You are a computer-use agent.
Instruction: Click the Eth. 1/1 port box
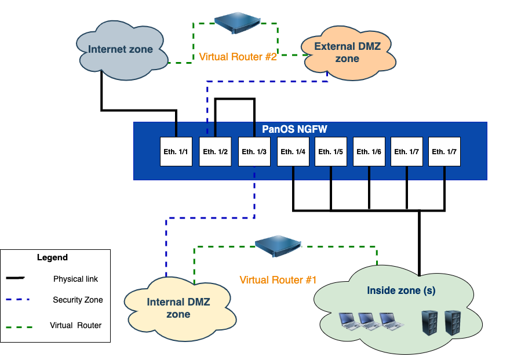[176, 152]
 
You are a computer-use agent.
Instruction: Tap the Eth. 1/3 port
[254, 152]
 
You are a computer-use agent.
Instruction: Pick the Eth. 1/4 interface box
[293, 152]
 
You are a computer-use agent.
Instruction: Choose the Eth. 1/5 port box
[331, 152]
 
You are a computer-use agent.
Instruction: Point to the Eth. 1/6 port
[369, 152]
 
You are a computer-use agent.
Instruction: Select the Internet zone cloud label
[121, 49]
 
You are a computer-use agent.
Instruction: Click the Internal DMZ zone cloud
[178, 308]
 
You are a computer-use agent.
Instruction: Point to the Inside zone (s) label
[401, 290]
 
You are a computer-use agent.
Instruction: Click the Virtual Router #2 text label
[238, 57]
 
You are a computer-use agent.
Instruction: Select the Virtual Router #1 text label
[278, 280]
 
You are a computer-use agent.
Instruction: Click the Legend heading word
[52, 257]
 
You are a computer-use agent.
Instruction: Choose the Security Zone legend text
[78, 300]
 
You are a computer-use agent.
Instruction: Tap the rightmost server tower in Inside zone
[451, 323]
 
